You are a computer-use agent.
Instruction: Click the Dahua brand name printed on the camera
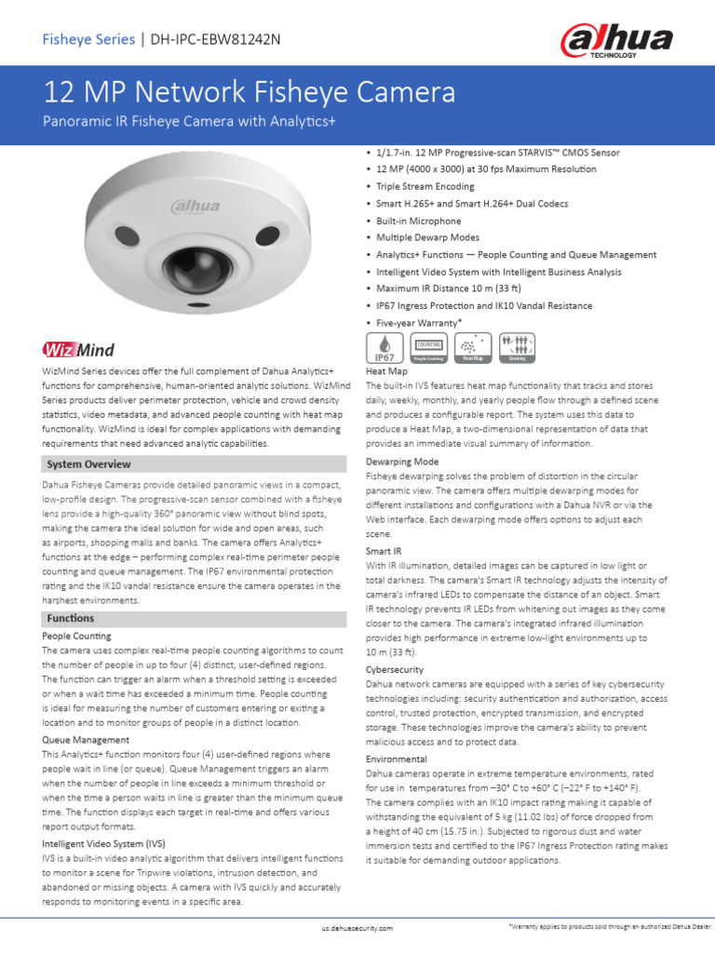point(195,206)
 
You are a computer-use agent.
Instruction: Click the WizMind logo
point(78,350)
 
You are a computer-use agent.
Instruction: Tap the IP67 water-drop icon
point(384,346)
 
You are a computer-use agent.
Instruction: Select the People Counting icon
point(428,347)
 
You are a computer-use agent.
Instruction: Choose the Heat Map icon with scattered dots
point(472,347)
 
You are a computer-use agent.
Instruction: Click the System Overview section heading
point(88,463)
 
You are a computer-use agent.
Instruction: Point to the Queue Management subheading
point(86,739)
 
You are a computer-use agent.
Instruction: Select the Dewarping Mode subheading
point(402,461)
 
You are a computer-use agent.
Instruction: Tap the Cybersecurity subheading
point(395,669)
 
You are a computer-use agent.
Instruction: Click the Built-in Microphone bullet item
point(418,221)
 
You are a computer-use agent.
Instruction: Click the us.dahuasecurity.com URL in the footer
point(357,928)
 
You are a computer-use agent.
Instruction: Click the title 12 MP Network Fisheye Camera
point(250,92)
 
